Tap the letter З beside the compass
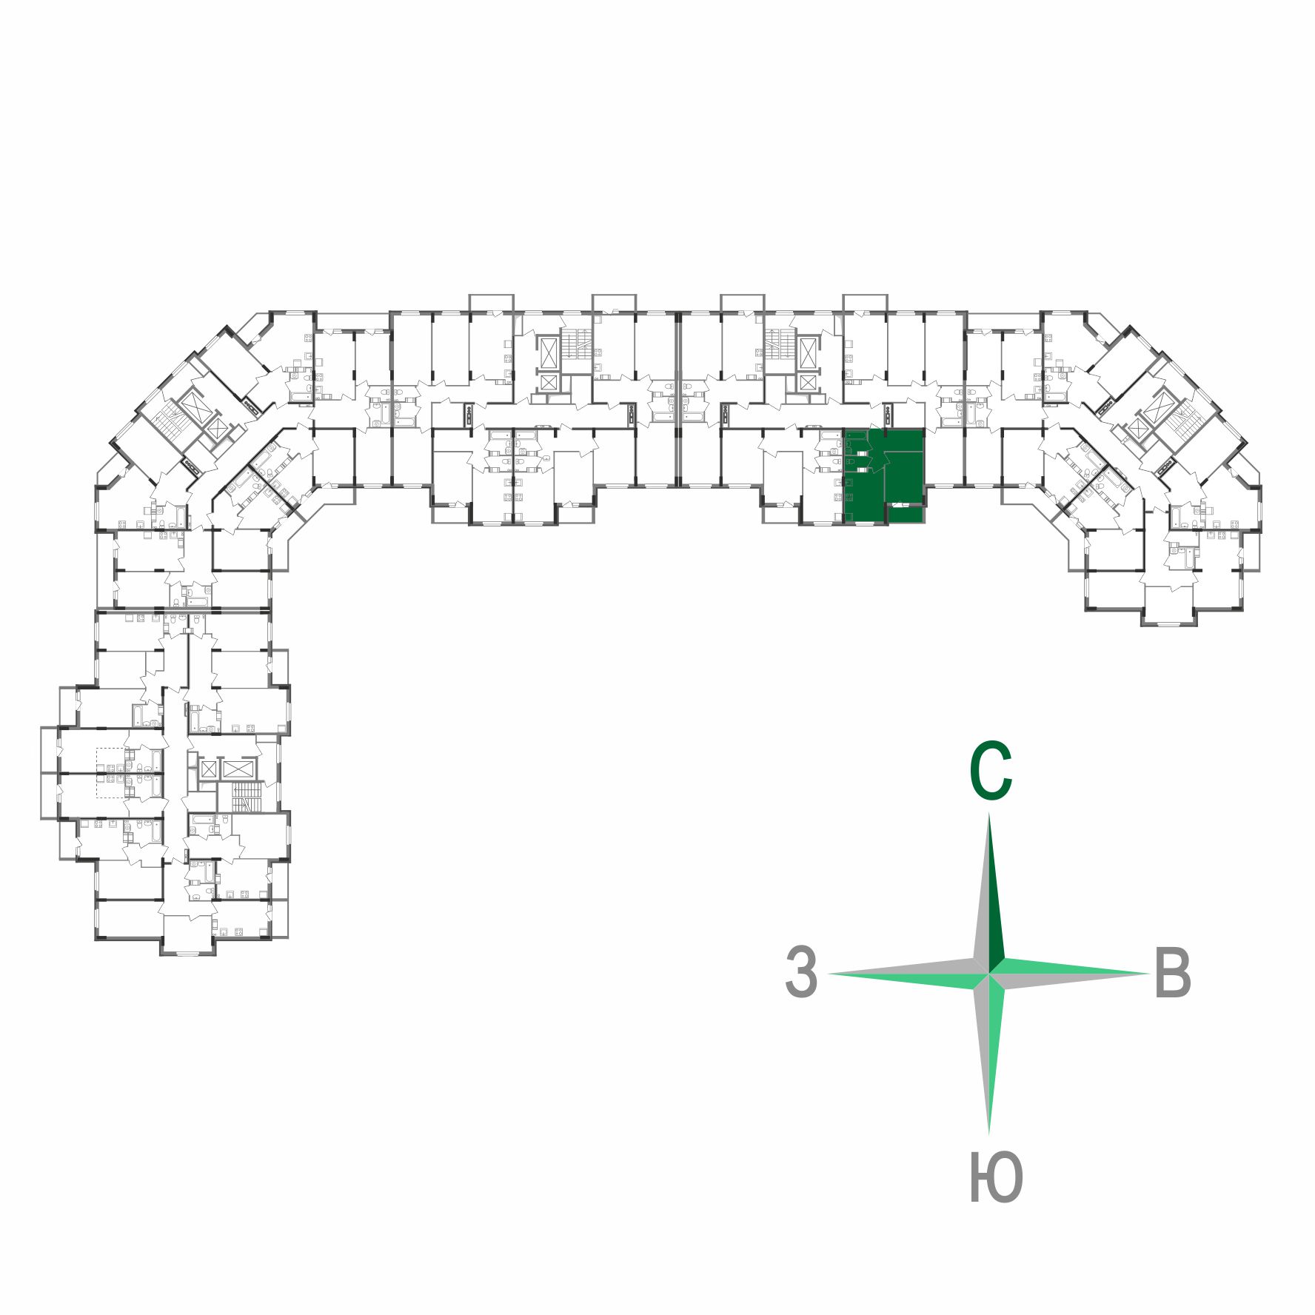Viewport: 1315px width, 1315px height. pos(801,971)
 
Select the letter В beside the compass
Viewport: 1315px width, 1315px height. pos(1172,973)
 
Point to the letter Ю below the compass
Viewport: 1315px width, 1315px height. pos(996,1177)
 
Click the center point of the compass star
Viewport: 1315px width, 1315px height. pos(989,973)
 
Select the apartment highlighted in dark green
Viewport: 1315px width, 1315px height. pos(883,474)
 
